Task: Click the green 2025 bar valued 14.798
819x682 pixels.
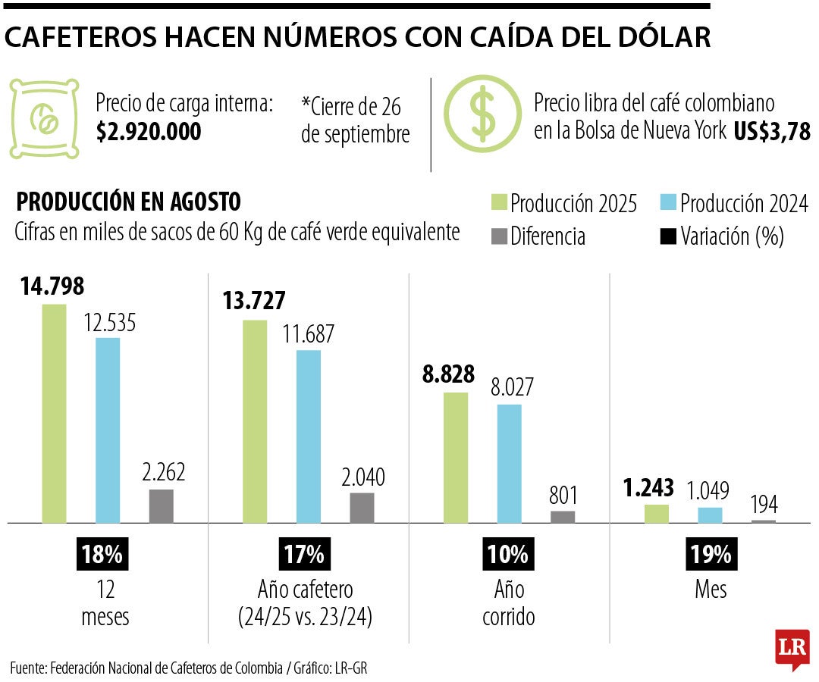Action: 54,413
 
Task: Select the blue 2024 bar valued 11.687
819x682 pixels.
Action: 308,436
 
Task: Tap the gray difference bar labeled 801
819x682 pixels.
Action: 563,517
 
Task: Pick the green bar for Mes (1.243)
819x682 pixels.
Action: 657,514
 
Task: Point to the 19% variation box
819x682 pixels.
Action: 711,554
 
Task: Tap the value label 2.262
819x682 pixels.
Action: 163,473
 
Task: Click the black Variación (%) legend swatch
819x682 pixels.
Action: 667,236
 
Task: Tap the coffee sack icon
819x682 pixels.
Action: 45,118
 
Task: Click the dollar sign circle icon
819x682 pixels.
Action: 481,114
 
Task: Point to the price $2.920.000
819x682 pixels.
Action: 149,132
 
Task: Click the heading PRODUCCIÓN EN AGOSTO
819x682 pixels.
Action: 129,202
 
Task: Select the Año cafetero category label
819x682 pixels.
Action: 304,590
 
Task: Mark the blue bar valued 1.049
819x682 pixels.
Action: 711,515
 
